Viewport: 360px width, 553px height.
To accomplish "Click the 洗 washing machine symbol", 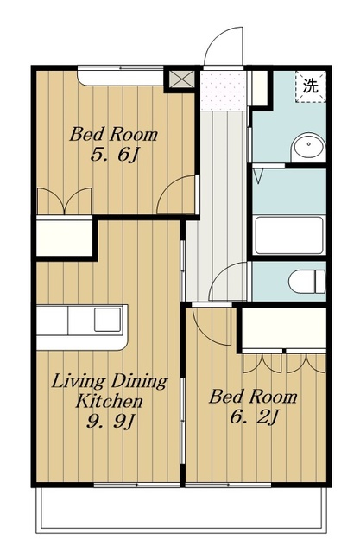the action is [x=311, y=86].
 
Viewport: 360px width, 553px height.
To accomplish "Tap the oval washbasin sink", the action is [x=309, y=145].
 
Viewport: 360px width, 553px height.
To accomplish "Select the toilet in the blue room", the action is [x=307, y=281].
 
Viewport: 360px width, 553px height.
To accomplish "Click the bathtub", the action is [x=289, y=235].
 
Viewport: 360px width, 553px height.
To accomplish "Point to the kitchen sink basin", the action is [x=107, y=320].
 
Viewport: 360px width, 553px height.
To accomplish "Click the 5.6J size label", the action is [x=113, y=155].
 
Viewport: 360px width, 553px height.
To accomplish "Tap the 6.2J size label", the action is [x=255, y=417].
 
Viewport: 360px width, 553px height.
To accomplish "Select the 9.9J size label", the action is [x=111, y=421].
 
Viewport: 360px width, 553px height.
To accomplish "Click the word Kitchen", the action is [x=110, y=401].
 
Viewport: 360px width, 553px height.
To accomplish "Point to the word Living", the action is [x=79, y=382].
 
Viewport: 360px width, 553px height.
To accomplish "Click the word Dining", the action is [x=139, y=382].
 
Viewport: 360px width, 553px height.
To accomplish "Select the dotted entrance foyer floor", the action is [x=223, y=90].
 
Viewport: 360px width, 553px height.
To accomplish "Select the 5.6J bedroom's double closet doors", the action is [x=65, y=201].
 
